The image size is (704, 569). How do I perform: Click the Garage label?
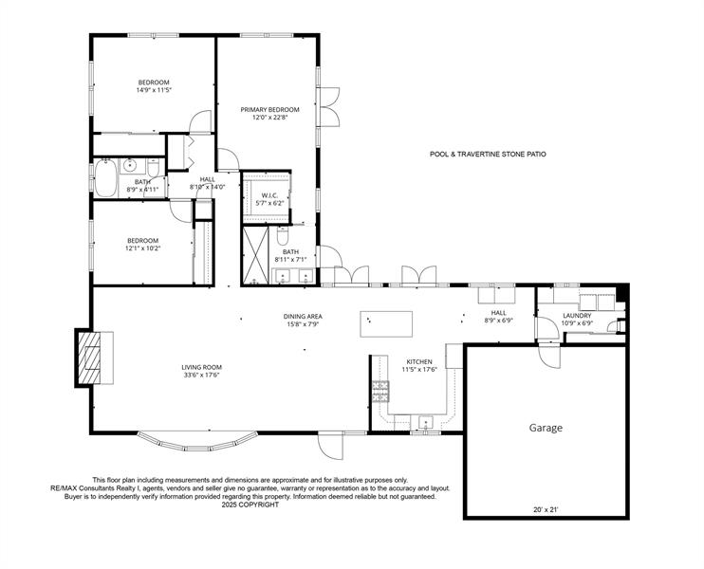pos(546,428)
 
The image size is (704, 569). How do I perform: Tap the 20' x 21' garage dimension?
pos(546,510)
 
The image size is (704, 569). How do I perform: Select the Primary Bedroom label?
pos(269,109)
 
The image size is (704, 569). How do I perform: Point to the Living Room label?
pos(201,367)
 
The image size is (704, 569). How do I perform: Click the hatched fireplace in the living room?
pos(89,358)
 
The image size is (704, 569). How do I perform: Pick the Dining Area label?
pos(303,317)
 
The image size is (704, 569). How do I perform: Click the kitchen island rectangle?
pos(386,324)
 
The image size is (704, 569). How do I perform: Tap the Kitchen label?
pos(419,361)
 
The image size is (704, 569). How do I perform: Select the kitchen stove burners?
pos(380,392)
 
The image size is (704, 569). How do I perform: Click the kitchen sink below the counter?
pos(426,422)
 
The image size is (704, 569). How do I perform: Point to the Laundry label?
pos(578,316)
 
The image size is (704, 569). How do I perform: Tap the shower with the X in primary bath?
pos(255,256)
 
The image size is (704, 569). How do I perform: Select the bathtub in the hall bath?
pos(106,178)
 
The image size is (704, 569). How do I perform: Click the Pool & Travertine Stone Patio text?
pos(488,155)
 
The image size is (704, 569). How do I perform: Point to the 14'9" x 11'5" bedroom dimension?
pos(154,90)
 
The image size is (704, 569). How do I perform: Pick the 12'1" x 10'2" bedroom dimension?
pos(142,248)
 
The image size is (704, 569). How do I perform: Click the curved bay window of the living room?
pos(197,444)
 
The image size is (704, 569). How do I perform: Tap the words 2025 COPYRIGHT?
pos(250,505)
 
